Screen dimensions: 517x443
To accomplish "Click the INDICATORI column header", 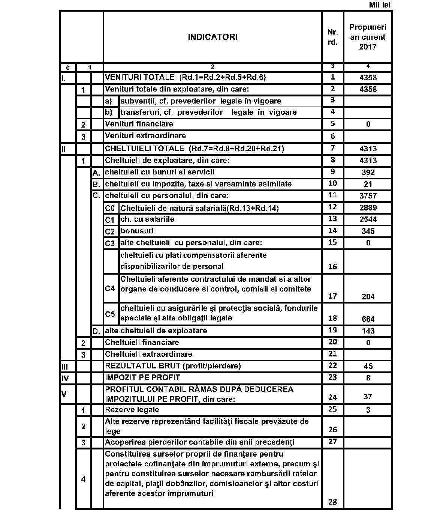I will click(212, 37).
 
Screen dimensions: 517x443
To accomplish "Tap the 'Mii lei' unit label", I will click(380, 5).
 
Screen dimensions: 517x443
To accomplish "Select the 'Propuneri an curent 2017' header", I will click(368, 37).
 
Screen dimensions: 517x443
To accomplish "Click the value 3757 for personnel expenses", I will click(368, 196).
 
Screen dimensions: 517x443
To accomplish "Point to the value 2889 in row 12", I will click(368, 208).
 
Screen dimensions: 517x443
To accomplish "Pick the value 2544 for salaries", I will click(368, 219).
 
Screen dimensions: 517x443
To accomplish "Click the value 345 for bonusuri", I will click(368, 231).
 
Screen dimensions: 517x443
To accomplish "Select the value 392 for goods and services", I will click(368, 173).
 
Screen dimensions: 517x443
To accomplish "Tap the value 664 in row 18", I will click(368, 319).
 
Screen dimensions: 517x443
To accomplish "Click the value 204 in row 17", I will click(368, 297).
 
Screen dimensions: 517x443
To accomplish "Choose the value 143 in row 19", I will click(368, 331).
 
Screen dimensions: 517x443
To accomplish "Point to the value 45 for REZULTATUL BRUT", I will click(368, 366).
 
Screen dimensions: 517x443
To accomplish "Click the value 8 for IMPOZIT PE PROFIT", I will click(368, 378).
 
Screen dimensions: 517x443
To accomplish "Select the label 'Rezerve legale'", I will click(132, 409).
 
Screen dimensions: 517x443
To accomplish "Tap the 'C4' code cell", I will click(110, 289).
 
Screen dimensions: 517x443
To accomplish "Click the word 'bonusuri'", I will click(137, 231).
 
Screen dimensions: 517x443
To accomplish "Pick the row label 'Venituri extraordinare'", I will click(145, 135).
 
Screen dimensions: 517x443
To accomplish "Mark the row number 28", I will click(332, 502).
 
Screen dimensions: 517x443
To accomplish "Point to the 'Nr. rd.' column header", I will click(332, 37).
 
